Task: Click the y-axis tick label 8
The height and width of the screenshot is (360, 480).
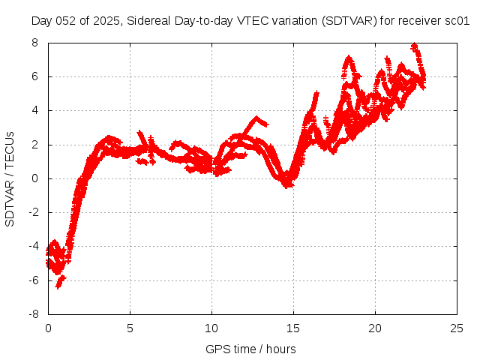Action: point(34,43)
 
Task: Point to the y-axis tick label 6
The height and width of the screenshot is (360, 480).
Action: point(34,76)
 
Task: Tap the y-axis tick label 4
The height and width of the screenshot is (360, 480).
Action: point(34,110)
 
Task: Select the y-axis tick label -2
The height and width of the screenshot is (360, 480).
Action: point(32,212)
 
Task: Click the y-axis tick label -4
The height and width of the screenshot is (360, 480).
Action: point(32,246)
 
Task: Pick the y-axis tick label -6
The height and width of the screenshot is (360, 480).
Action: point(32,280)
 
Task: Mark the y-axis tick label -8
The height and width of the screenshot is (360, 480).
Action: point(32,314)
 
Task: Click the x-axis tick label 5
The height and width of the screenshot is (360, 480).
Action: point(130,328)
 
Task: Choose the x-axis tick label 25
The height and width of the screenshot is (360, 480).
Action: point(457,328)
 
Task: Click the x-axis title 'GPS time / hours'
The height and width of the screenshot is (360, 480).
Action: point(250,349)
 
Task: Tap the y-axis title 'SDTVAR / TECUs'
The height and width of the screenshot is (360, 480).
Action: point(10,178)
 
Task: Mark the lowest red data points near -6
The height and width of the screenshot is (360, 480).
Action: point(58,284)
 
